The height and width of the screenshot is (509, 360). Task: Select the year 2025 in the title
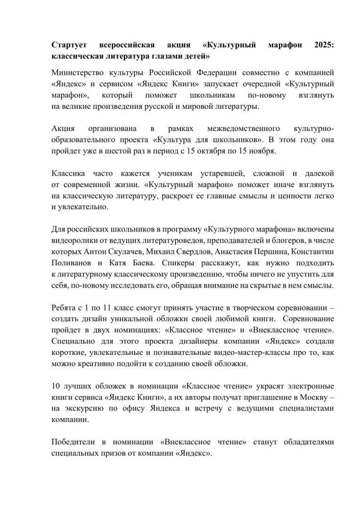pyautogui.click(x=323, y=46)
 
